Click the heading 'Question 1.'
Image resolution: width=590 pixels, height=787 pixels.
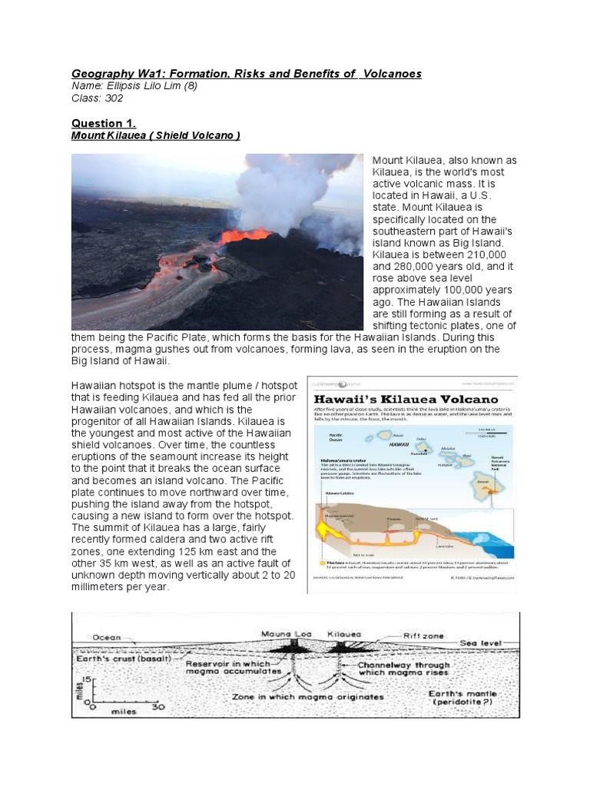(103, 123)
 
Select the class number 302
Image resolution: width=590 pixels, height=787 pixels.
(114, 98)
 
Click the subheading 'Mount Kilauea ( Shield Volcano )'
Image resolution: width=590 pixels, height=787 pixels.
(156, 135)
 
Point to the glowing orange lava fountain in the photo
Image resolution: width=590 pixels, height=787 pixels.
(244, 234)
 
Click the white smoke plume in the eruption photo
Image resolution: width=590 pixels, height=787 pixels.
(292, 192)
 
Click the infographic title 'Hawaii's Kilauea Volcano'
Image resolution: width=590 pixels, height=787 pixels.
(406, 399)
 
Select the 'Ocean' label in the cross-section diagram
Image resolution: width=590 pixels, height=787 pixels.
(107, 637)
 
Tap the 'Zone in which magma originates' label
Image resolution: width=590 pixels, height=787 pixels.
(308, 697)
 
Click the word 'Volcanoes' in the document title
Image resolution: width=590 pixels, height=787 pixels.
(390, 73)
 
